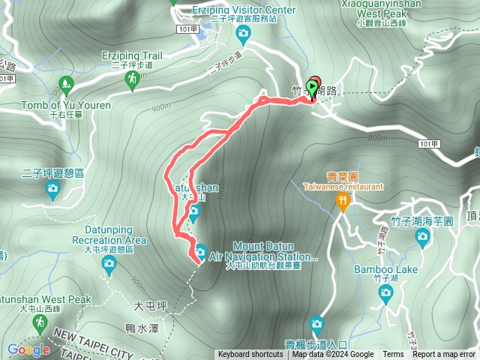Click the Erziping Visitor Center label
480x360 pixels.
[x=244, y=10]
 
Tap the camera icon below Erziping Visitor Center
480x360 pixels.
[x=243, y=34]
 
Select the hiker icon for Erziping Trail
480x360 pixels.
[x=132, y=77]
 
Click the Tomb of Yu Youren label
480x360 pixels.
[x=66, y=106]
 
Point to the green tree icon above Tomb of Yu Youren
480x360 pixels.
[x=65, y=84]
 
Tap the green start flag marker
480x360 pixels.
[x=311, y=88]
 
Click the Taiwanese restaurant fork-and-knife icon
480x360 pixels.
[x=343, y=200]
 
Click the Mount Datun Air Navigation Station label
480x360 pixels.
[x=264, y=251]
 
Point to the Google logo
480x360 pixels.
[x=28, y=349]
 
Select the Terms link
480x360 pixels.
[x=393, y=355]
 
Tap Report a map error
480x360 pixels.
[x=444, y=355]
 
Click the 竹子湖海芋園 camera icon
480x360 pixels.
[x=423, y=238]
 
